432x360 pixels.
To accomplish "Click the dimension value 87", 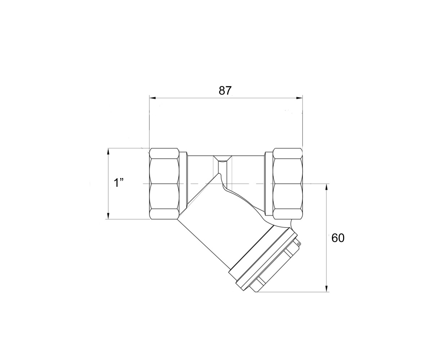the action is tap(225, 91).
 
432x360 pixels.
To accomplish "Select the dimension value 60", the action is tap(338, 238).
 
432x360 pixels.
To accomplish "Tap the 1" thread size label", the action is tap(118, 183).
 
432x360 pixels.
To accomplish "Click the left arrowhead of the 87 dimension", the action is tap(153, 98).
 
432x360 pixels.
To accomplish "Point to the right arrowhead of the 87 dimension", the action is tap(299, 98).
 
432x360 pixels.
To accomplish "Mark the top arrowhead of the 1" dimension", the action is tap(108, 151).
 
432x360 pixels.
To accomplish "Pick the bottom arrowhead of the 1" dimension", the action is tap(108, 216).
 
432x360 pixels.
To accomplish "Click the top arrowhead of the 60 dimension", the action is tap(327, 187).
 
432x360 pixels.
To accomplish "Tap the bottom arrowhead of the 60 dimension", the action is tap(327, 289).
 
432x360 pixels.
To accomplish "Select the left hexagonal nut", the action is tap(164, 184).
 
